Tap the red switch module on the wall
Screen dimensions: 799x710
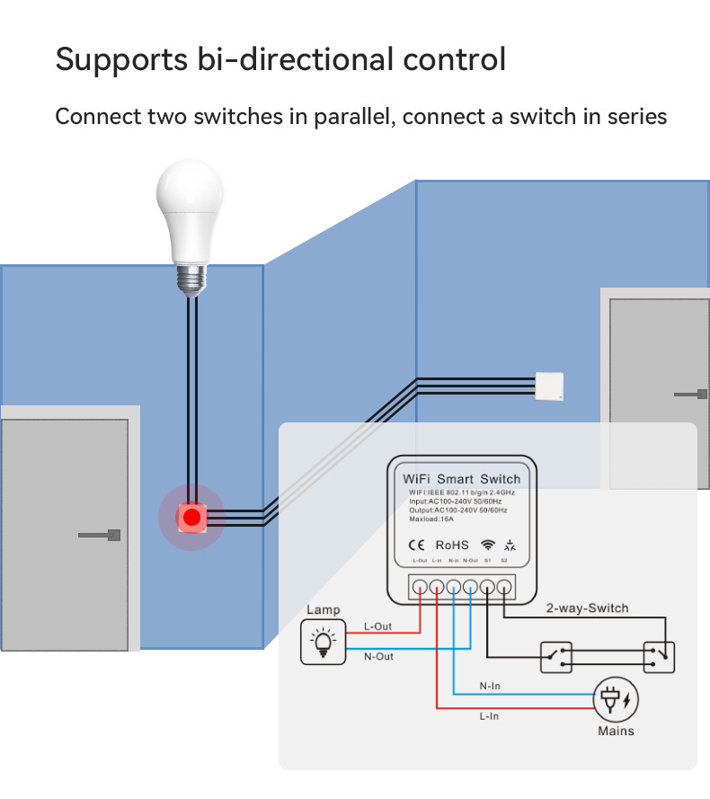coord(191,518)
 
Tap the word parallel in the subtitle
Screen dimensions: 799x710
coord(349,117)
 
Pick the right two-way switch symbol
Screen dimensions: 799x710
coord(659,657)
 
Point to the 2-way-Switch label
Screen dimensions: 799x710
coord(587,608)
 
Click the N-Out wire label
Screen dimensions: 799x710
coord(378,657)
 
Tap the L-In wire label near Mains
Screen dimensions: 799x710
coord(490,716)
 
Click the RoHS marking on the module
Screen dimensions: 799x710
coord(452,545)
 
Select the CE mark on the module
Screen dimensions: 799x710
coord(417,545)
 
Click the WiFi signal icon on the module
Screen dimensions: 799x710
coord(487,545)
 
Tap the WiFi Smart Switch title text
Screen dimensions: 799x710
coord(461,479)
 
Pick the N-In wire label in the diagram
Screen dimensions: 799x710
coord(490,686)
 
